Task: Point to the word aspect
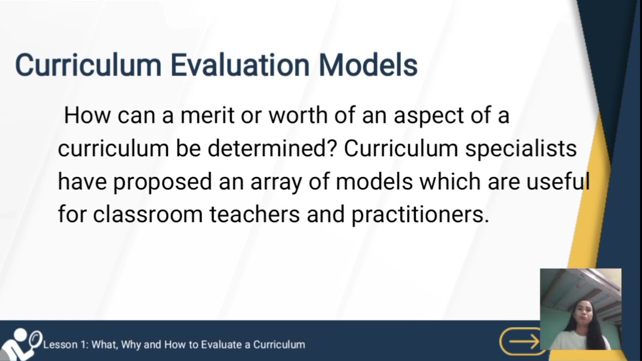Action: (x=427, y=116)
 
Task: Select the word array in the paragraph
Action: (x=278, y=182)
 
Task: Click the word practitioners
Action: (x=419, y=215)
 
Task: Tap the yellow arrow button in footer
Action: (x=522, y=342)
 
